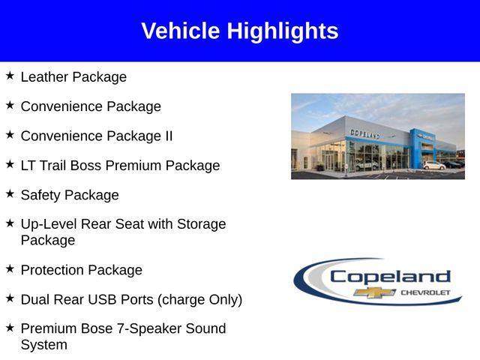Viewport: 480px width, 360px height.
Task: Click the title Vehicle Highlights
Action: pos(239,31)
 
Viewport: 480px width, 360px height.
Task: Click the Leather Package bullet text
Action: pos(73,76)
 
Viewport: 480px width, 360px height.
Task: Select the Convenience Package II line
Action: pos(96,136)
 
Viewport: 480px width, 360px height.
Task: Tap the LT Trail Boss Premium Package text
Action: pos(120,165)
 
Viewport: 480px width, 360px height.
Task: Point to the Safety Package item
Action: pos(70,195)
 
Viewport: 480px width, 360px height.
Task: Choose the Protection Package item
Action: pos(81,270)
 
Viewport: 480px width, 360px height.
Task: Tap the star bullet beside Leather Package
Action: pos(10,75)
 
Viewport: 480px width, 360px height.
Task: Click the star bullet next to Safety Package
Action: pos(10,193)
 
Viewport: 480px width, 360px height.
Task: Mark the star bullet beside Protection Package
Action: pos(10,268)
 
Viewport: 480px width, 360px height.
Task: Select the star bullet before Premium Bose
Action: pos(10,327)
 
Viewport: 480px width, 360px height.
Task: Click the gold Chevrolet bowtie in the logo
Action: pos(375,292)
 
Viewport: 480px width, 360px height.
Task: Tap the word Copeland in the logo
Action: pos(390,276)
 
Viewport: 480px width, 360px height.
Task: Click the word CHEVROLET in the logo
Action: pos(426,292)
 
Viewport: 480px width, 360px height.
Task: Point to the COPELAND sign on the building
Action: pos(364,133)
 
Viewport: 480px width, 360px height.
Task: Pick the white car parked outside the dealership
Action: pos(433,165)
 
